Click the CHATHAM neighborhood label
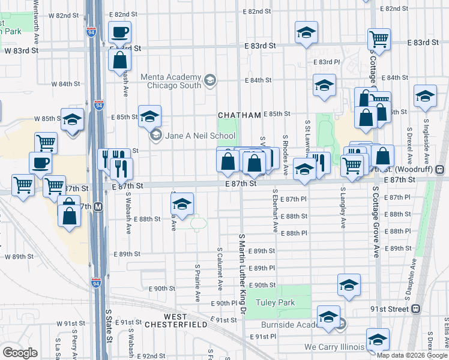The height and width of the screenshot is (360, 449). [x=240, y=115]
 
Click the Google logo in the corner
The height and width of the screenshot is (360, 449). [x=20, y=353]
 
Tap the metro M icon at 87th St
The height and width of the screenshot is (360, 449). [x=98, y=206]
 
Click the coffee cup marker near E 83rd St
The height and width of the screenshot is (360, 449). [x=119, y=32]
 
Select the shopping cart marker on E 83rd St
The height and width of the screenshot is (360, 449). [x=379, y=39]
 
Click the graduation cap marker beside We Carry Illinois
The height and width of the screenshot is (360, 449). [x=378, y=339]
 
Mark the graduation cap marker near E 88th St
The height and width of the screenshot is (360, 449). [x=182, y=203]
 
